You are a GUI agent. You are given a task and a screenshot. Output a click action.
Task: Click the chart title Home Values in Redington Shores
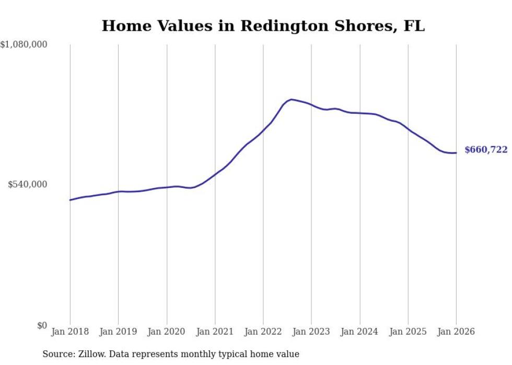point(263,26)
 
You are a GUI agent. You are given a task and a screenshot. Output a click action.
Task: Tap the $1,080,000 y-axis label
point(24,45)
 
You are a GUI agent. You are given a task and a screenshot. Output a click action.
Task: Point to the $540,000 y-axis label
point(28,184)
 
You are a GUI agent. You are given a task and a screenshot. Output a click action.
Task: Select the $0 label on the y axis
point(42,325)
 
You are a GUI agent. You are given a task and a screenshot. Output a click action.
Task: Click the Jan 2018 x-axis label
point(70,332)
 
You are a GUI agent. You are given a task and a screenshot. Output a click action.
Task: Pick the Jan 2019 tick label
point(118,332)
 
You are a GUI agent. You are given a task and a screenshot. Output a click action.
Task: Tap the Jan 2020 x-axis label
point(167,332)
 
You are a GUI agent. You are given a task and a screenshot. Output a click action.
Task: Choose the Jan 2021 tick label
point(215,332)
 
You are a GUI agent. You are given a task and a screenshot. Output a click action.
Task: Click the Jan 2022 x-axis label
point(263,332)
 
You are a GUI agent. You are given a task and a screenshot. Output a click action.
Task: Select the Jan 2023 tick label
point(311,332)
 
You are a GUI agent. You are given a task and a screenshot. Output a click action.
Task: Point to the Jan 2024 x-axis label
point(359,332)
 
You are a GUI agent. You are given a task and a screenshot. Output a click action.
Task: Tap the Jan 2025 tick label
point(408,332)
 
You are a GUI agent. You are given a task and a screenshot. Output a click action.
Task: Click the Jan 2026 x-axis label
point(456,332)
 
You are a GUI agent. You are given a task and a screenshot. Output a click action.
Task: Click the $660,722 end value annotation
point(485,150)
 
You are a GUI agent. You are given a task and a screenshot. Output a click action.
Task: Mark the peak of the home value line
point(291,99)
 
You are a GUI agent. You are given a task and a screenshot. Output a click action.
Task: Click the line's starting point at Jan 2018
point(70,200)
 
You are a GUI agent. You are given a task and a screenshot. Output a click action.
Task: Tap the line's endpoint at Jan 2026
point(456,153)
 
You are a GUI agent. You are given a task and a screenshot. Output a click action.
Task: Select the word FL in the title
point(414,26)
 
